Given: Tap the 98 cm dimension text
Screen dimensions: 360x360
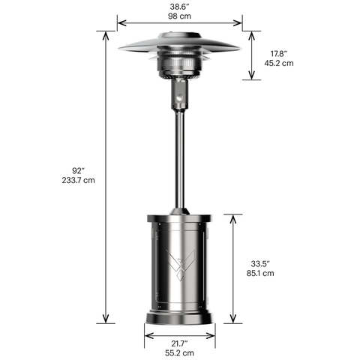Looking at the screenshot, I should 180,14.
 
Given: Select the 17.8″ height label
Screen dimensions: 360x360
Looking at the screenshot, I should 278,53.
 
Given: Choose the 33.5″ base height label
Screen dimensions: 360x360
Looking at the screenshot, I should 261,263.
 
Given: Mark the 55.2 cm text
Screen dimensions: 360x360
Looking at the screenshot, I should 178,352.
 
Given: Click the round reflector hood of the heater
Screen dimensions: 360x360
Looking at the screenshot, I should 180,42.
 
